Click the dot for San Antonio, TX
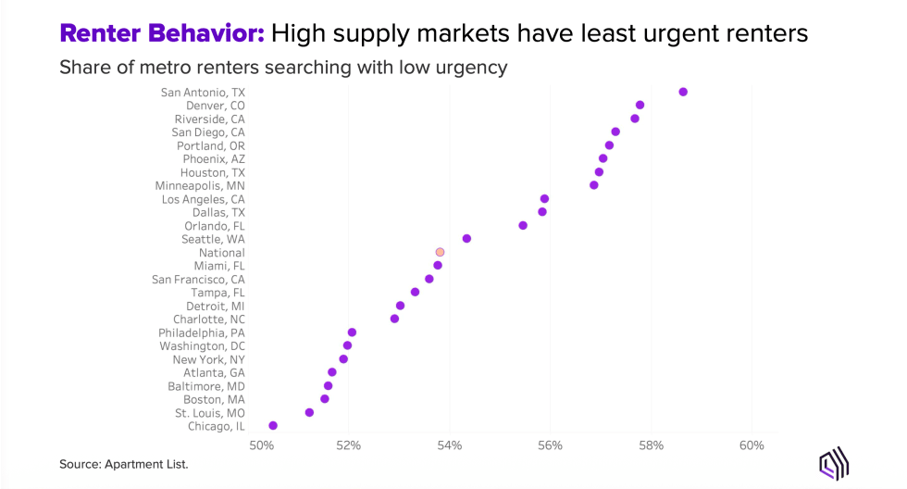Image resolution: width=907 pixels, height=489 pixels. pos(683,92)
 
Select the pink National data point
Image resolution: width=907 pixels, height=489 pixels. pos(440,252)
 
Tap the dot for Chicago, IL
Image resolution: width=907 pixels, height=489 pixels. pos(273,426)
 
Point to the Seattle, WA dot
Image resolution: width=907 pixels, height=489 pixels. pos(466,239)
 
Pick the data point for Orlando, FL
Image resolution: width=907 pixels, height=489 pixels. pos(523,225)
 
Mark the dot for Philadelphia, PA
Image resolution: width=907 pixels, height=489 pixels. pos(352,332)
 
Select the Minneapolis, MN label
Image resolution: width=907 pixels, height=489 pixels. pos(200,185)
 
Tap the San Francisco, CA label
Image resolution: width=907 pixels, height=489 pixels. pos(198,279)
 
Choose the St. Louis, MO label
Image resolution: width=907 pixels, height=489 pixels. pos(209,412)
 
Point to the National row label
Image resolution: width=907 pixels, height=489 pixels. pos(221,252)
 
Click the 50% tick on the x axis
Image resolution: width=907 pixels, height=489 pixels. pos(263,445)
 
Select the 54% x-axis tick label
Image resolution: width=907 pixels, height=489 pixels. pos(449,445)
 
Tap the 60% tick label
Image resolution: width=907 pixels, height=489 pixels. pos(752,445)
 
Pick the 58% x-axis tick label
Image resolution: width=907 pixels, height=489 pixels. pos(651,445)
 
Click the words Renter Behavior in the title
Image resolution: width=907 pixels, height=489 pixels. pos(163,34)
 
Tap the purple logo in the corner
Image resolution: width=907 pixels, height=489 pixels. pos(836,463)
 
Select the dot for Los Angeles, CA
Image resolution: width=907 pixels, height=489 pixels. pos(544,199)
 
